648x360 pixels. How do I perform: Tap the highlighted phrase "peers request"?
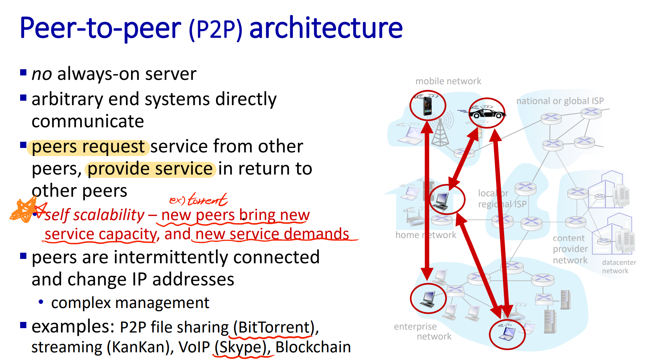pyautogui.click(x=88, y=147)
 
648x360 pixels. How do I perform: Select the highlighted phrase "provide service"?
pyautogui.click(x=150, y=169)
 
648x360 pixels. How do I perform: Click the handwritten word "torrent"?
pyautogui.click(x=207, y=200)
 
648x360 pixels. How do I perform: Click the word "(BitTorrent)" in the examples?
pyautogui.click(x=273, y=327)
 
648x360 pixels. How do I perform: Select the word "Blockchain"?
pyautogui.click(x=313, y=347)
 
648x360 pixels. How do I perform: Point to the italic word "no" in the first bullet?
pyautogui.click(x=42, y=74)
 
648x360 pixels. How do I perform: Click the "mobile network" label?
pyautogui.click(x=448, y=81)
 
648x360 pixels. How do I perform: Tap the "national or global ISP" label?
pyautogui.click(x=560, y=101)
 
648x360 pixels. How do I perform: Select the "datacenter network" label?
pyautogui.click(x=619, y=267)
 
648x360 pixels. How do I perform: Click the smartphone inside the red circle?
pyautogui.click(x=427, y=105)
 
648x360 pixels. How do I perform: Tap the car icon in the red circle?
pyautogui.click(x=487, y=113)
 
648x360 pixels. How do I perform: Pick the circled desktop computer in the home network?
pyautogui.click(x=442, y=200)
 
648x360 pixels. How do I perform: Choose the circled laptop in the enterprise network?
pyautogui.click(x=507, y=334)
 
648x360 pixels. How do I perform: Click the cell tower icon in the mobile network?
pyautogui.click(x=440, y=133)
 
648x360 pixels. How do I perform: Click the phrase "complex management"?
pyautogui.click(x=130, y=303)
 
